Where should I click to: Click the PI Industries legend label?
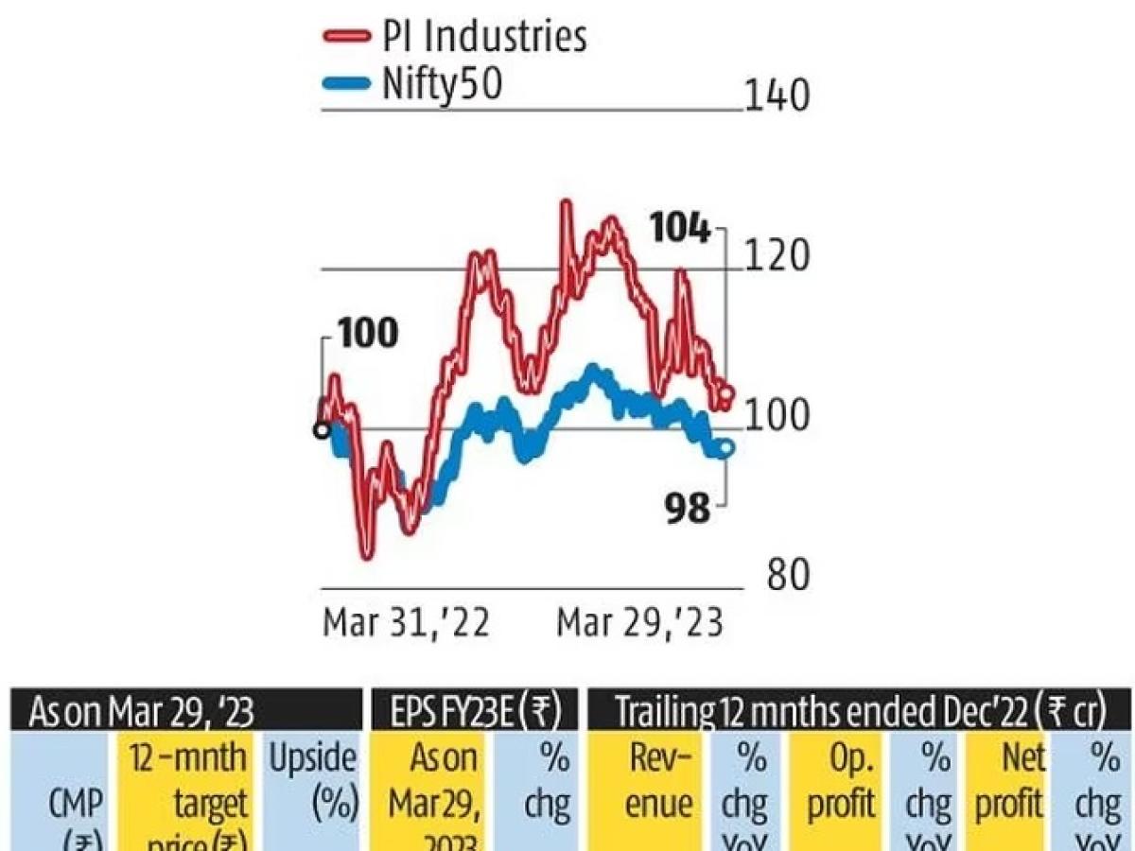pos(484,37)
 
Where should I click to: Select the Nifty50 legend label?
pos(441,84)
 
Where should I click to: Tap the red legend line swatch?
pos(346,37)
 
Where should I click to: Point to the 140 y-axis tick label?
pos(777,96)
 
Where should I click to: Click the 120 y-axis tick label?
pos(777,256)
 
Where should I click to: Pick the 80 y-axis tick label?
pos(788,576)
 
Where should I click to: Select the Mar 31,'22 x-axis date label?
pos(407,624)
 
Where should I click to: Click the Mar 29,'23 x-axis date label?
pos(639,624)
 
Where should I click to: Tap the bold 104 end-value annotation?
pos(679,230)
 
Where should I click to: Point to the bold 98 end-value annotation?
pos(686,510)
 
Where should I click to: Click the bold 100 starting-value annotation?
pos(368,335)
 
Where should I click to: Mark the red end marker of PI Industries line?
pos(725,392)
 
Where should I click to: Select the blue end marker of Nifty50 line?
pos(726,448)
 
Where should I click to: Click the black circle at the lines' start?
pos(322,430)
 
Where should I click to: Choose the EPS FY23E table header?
pos(473,712)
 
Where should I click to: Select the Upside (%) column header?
pos(313,780)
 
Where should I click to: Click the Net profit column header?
pos(1009,780)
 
